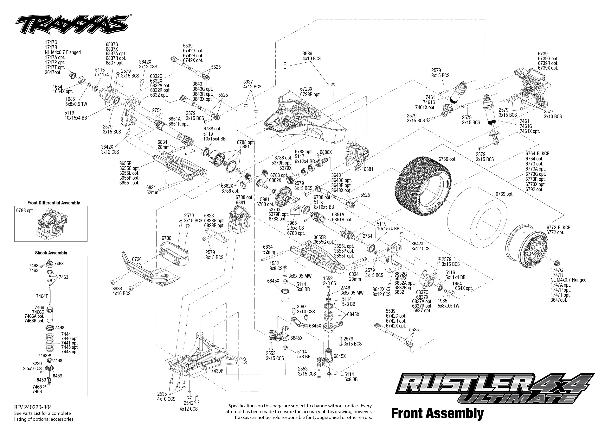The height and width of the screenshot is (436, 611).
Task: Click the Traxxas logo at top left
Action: (71, 24)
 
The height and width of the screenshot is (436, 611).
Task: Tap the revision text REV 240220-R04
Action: (33, 407)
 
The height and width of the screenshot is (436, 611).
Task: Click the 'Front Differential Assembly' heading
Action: (54, 203)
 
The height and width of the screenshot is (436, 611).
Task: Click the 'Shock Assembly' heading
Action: (51, 253)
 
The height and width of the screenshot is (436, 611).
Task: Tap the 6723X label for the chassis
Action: (306, 89)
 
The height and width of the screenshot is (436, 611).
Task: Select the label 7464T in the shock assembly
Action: (42, 296)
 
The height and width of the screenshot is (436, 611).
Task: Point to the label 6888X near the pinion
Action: (326, 152)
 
